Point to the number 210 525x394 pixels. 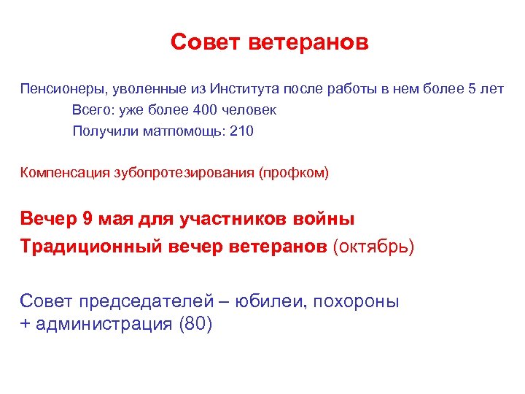tap(241, 132)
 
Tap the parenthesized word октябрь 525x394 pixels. tap(373, 247)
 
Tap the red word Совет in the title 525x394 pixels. tap(205, 42)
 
